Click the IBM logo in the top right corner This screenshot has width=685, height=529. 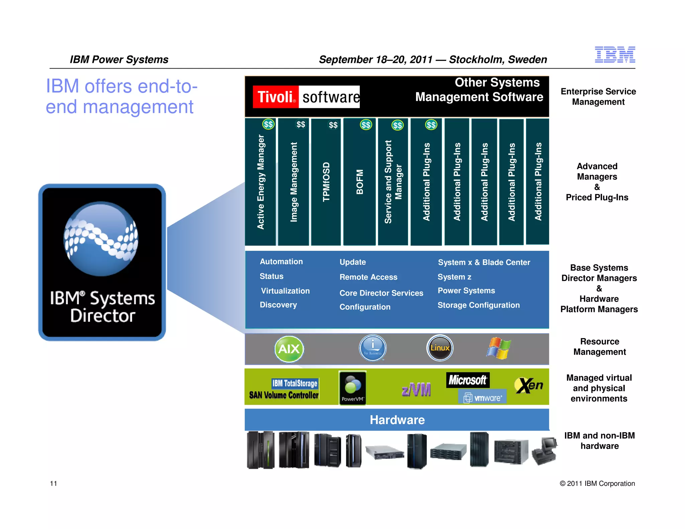(x=615, y=55)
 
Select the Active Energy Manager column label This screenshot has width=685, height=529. (x=261, y=182)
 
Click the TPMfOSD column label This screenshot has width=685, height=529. (x=326, y=182)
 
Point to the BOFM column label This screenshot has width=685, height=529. (x=360, y=182)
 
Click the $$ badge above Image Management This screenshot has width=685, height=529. (x=301, y=125)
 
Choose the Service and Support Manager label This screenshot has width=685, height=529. (x=393, y=182)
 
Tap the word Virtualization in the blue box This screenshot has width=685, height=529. (x=285, y=291)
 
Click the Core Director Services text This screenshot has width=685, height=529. (x=381, y=293)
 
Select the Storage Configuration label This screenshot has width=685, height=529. (x=479, y=305)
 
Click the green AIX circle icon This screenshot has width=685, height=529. (x=289, y=349)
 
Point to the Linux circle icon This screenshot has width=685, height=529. (x=440, y=348)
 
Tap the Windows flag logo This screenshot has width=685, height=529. (x=499, y=348)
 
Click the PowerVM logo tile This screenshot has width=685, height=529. (x=353, y=388)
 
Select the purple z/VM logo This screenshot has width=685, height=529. (x=416, y=390)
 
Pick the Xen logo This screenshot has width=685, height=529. (x=529, y=386)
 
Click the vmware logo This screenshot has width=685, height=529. (x=482, y=398)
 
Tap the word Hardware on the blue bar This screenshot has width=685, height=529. (x=397, y=420)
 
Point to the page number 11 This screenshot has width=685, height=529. (x=54, y=484)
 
